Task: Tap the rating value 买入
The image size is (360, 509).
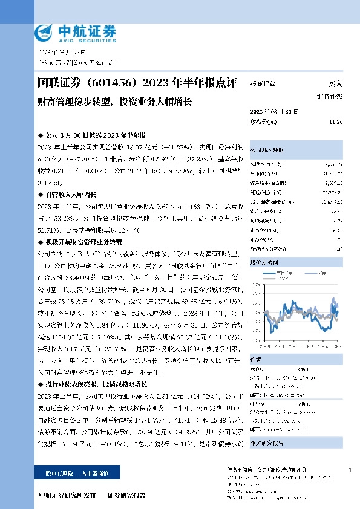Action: coord(335,84)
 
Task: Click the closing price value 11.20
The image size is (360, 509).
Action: coord(336,122)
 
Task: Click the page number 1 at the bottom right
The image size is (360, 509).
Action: coord(350,470)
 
